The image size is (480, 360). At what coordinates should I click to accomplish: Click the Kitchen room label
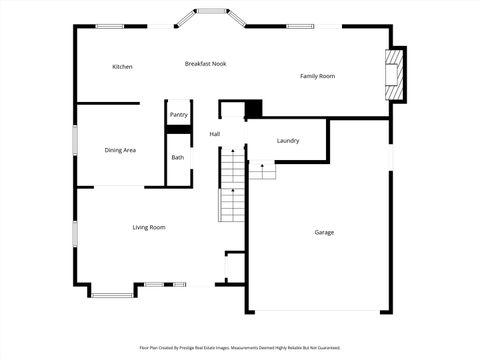pyautogui.click(x=122, y=67)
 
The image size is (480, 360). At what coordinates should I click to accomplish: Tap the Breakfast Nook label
pyautogui.click(x=205, y=64)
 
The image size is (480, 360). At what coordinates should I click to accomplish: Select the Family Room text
pyautogui.click(x=317, y=76)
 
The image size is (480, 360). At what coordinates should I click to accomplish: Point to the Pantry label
pyautogui.click(x=178, y=115)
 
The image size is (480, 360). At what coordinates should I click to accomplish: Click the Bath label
pyautogui.click(x=177, y=157)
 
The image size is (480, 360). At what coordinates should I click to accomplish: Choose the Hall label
pyautogui.click(x=214, y=134)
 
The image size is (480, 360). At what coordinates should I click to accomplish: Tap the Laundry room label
pyautogui.click(x=288, y=141)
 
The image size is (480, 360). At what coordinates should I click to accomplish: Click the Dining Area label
pyautogui.click(x=120, y=150)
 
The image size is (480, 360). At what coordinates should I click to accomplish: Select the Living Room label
pyautogui.click(x=149, y=227)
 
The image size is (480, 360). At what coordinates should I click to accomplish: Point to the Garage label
pyautogui.click(x=324, y=232)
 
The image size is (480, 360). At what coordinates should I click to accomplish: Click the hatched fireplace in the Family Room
pyautogui.click(x=396, y=75)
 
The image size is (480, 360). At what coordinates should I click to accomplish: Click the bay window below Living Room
pyautogui.click(x=112, y=293)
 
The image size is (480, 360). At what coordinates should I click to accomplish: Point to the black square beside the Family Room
pyautogui.click(x=253, y=110)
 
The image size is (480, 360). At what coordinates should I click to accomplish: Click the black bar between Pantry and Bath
pyautogui.click(x=178, y=129)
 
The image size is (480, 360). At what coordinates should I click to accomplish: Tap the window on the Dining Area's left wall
pyautogui.click(x=74, y=140)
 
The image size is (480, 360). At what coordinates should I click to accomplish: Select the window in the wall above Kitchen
pyautogui.click(x=110, y=26)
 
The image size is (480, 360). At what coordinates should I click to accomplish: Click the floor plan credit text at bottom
pyautogui.click(x=240, y=348)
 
